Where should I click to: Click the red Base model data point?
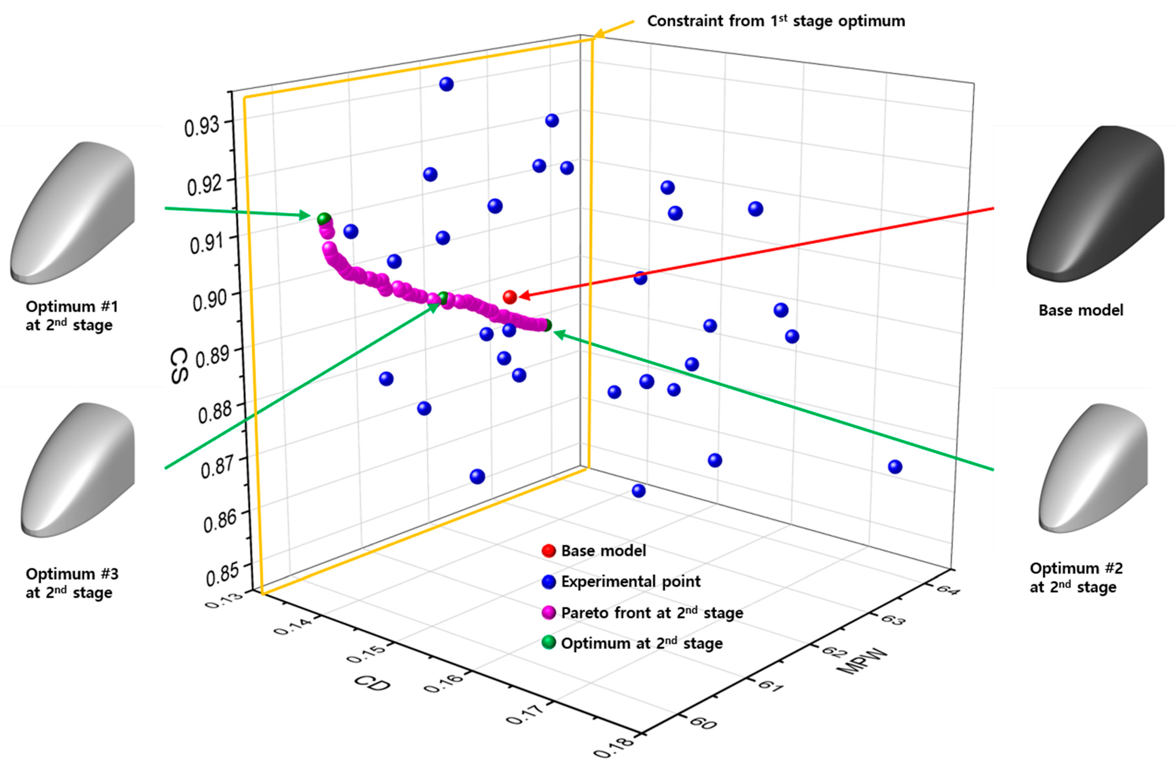(510, 297)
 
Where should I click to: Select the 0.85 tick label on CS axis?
(222, 574)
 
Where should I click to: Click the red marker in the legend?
(549, 550)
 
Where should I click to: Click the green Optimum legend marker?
(549, 643)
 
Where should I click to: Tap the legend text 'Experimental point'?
(630, 582)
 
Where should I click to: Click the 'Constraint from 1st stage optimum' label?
(776, 21)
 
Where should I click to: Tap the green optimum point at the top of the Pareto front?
(324, 218)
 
